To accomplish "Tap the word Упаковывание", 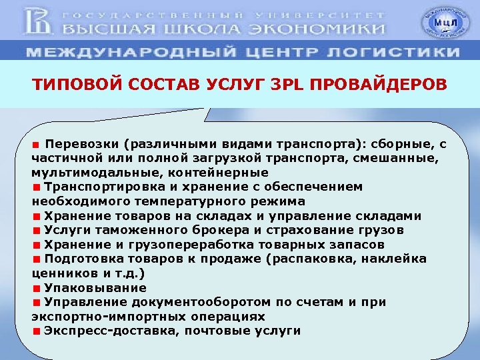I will pyautogui.click(x=95, y=288).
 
